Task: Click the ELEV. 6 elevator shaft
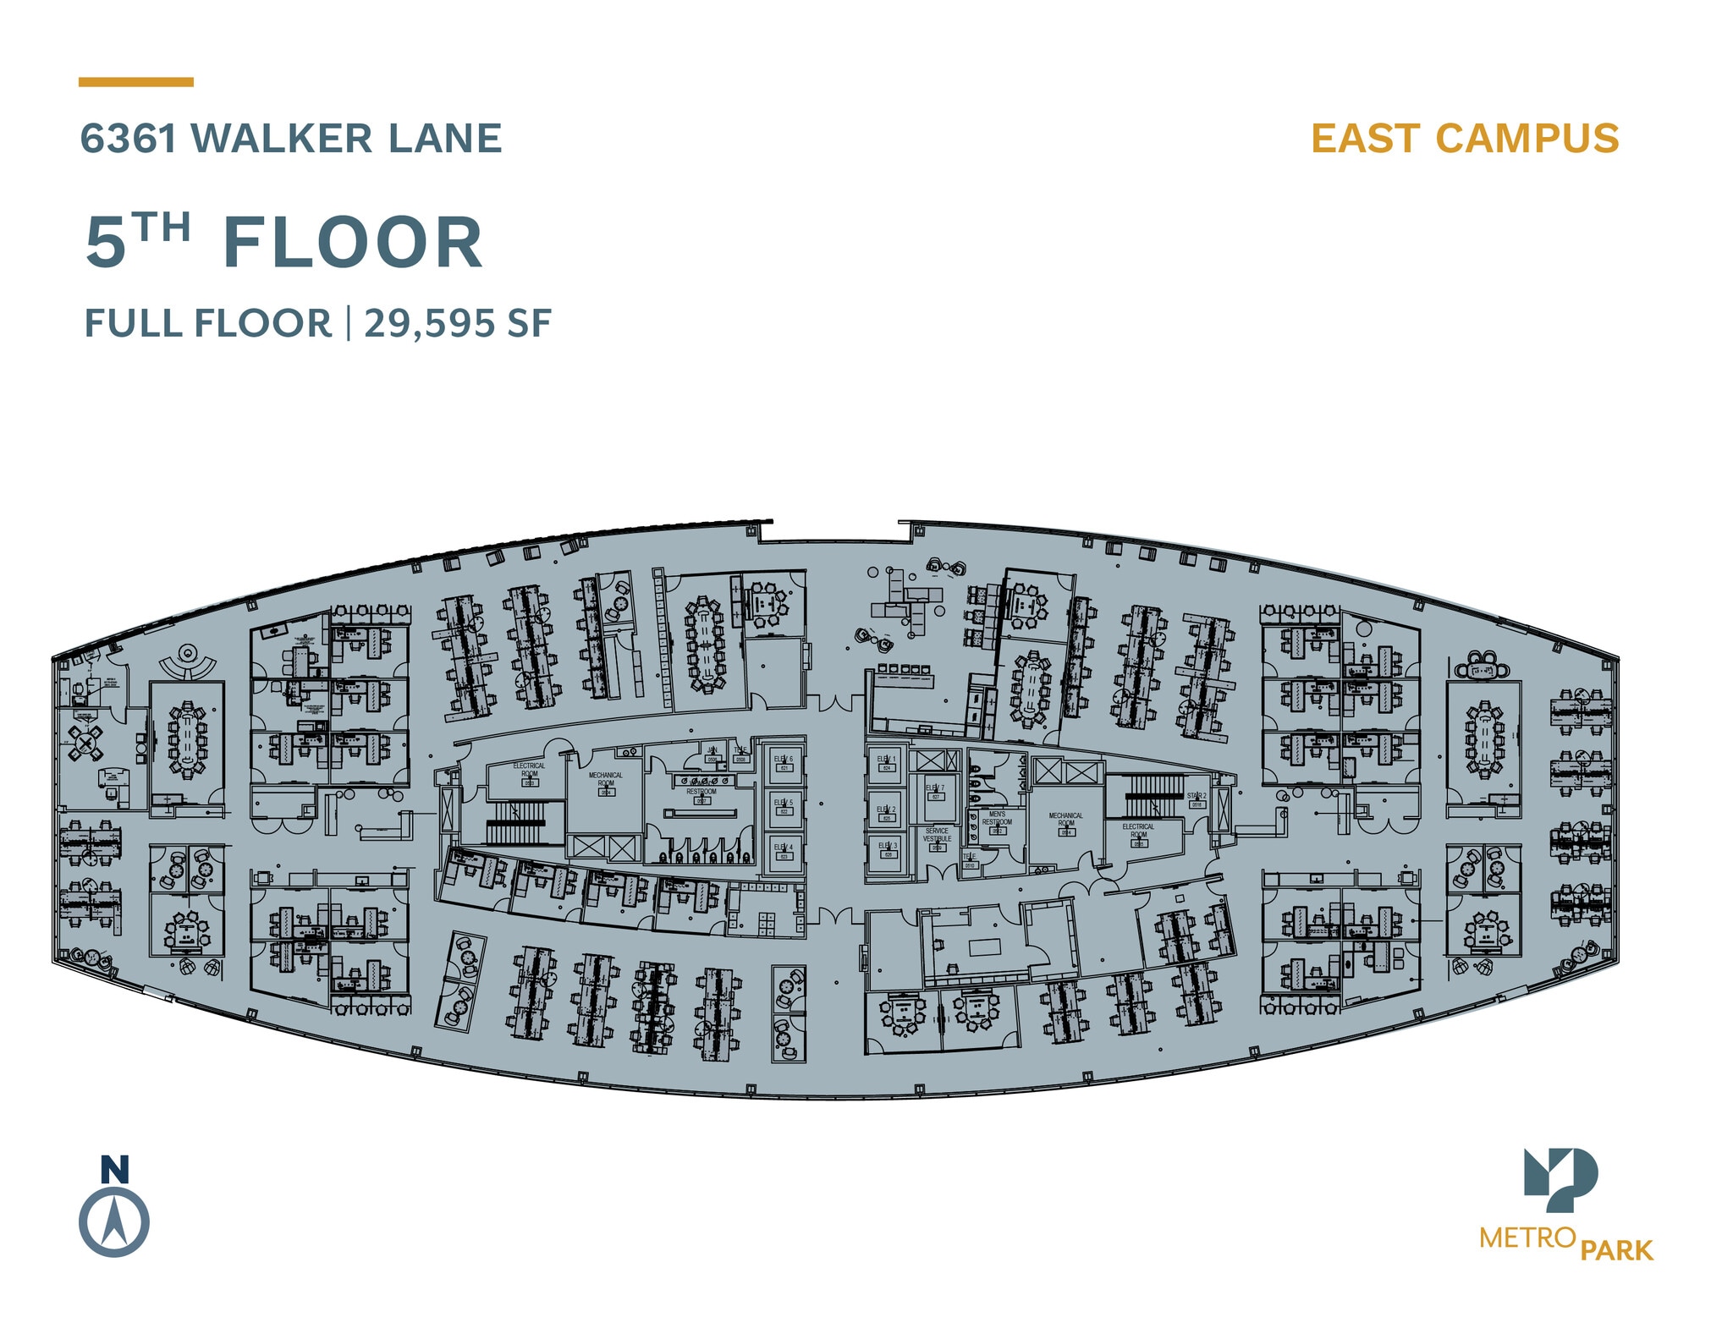(x=784, y=763)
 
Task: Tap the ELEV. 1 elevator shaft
(x=887, y=764)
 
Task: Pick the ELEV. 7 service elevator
(x=935, y=792)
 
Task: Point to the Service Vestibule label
(x=938, y=835)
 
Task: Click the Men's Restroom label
(x=997, y=819)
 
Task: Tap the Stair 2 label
(x=1197, y=797)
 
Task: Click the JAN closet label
(x=712, y=750)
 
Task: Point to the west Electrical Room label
(x=529, y=770)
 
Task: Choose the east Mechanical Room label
(x=1066, y=820)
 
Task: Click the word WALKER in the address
(x=282, y=139)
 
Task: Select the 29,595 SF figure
(x=458, y=323)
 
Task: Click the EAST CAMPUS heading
(x=1465, y=139)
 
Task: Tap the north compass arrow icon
(x=114, y=1222)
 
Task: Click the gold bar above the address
(x=136, y=82)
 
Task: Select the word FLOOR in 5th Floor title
(x=353, y=244)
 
